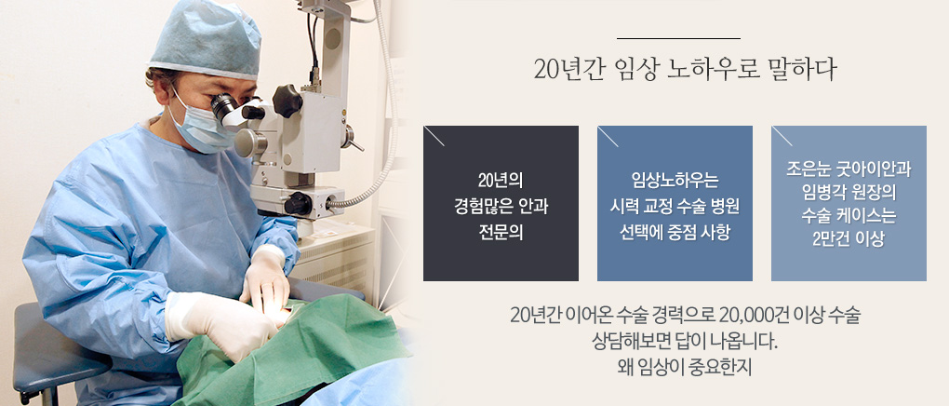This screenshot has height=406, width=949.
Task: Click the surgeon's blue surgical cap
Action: [x=205, y=39]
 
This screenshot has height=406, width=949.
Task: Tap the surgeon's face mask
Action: [x=203, y=124]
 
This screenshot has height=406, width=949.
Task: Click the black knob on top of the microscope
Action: [x=287, y=100]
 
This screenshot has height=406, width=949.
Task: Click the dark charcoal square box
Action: [x=501, y=203]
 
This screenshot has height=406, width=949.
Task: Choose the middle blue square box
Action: [x=675, y=203]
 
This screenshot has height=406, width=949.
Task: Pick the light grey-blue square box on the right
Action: [x=849, y=203]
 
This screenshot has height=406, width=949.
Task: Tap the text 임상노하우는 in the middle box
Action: [x=675, y=180]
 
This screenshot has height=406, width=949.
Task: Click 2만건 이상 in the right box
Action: [x=849, y=238]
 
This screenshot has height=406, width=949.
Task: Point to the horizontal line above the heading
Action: [x=678, y=38]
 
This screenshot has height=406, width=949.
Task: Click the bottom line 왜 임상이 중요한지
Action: [x=683, y=368]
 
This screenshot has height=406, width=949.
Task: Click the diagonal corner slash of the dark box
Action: [x=434, y=136]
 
